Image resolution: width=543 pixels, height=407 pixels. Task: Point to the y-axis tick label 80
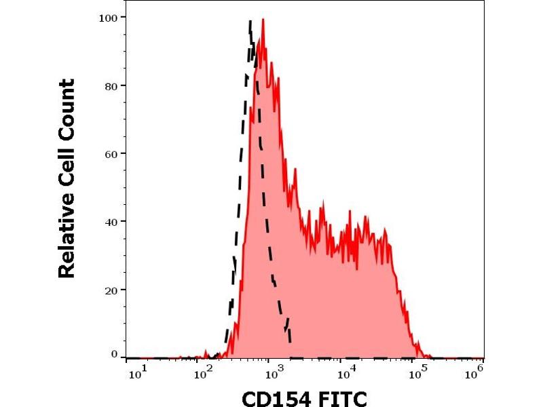112,85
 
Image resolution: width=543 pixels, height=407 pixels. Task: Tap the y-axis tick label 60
112,153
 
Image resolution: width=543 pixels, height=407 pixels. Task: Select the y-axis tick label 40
112,222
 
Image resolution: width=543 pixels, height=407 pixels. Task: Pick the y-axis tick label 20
112,290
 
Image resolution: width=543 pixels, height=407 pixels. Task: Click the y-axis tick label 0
115,354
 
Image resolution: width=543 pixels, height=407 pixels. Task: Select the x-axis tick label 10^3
274,371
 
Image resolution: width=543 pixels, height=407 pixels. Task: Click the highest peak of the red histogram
263,20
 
